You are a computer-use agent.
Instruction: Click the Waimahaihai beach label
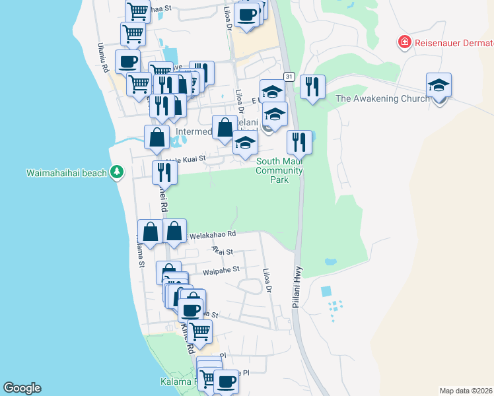[x=66, y=174]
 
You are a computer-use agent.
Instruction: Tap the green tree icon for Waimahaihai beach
[x=117, y=172]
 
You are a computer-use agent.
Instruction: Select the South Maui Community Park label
[x=279, y=170]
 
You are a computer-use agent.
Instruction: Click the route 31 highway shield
[x=289, y=77]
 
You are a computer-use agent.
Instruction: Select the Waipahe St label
[x=221, y=269]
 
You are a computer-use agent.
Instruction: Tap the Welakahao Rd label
[x=213, y=234]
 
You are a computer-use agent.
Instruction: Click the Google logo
[x=22, y=388]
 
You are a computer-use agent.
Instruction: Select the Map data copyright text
[x=466, y=391]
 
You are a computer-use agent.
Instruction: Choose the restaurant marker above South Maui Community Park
[x=299, y=141]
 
